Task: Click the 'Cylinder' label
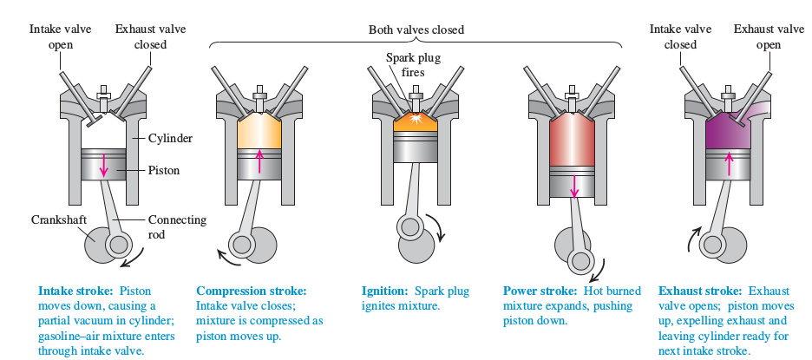click(x=170, y=138)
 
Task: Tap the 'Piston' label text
click(x=164, y=170)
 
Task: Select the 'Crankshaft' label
click(x=58, y=219)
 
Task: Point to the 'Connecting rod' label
click(x=177, y=226)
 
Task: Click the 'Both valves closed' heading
click(x=416, y=29)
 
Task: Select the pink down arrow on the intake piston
click(x=103, y=165)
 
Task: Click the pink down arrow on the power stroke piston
click(x=573, y=184)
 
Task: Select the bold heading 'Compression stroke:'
click(x=252, y=291)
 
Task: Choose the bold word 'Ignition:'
click(x=385, y=291)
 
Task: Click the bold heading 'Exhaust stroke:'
click(x=699, y=291)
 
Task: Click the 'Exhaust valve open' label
click(x=769, y=36)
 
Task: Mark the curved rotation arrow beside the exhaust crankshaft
click(x=694, y=239)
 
